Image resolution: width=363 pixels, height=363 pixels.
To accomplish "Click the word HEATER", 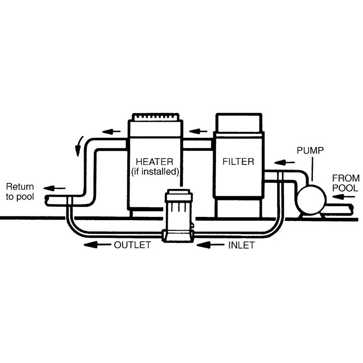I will [154, 162].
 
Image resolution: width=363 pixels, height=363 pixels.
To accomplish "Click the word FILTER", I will [238, 162].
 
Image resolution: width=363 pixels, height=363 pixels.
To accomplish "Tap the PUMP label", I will [310, 150].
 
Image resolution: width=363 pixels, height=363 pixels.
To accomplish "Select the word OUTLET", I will [132, 245].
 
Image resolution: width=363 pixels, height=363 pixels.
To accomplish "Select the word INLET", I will [241, 245].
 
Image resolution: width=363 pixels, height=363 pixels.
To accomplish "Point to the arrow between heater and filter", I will [198, 131].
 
